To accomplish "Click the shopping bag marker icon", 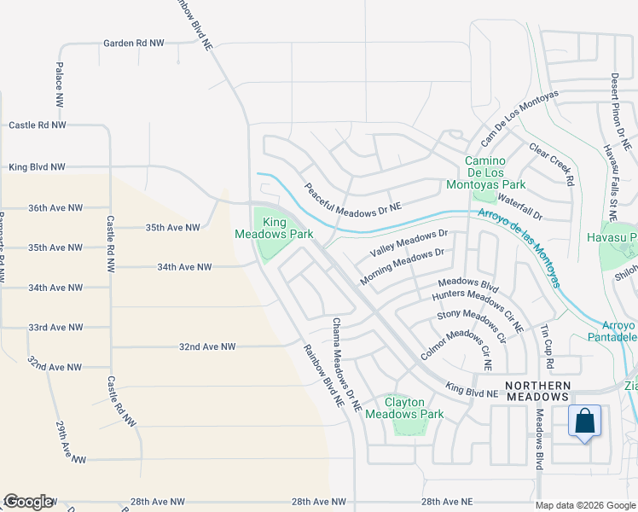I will (584, 422).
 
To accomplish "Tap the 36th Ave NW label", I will (55, 207).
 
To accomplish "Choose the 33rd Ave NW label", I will (55, 327).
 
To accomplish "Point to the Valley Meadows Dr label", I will (409, 243).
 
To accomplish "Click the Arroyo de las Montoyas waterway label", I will (519, 247).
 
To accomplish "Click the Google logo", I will (28, 502).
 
